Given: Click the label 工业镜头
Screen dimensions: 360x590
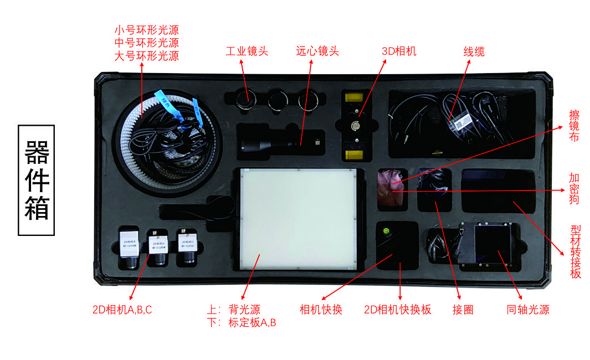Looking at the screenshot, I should tap(247, 52).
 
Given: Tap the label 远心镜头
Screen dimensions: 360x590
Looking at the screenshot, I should tap(317, 52).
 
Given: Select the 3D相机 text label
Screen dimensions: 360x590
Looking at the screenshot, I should tap(399, 52).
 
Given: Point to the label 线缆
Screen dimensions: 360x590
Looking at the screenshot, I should tap(474, 52).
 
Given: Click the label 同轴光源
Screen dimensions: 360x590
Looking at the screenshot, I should tap(528, 310).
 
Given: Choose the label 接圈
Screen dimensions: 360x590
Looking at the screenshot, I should tap(463, 310).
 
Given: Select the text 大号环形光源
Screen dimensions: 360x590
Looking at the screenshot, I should tap(146, 56).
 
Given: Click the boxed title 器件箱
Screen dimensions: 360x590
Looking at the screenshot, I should tap(37, 180).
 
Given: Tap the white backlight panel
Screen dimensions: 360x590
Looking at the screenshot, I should tap(298, 219).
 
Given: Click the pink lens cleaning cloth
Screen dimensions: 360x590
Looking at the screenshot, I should tap(392, 189).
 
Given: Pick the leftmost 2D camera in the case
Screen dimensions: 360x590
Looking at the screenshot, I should tap(130, 246).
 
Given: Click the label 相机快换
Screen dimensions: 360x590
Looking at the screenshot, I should tap(321, 310).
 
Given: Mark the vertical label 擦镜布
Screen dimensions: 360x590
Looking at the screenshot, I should tap(574, 126).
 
